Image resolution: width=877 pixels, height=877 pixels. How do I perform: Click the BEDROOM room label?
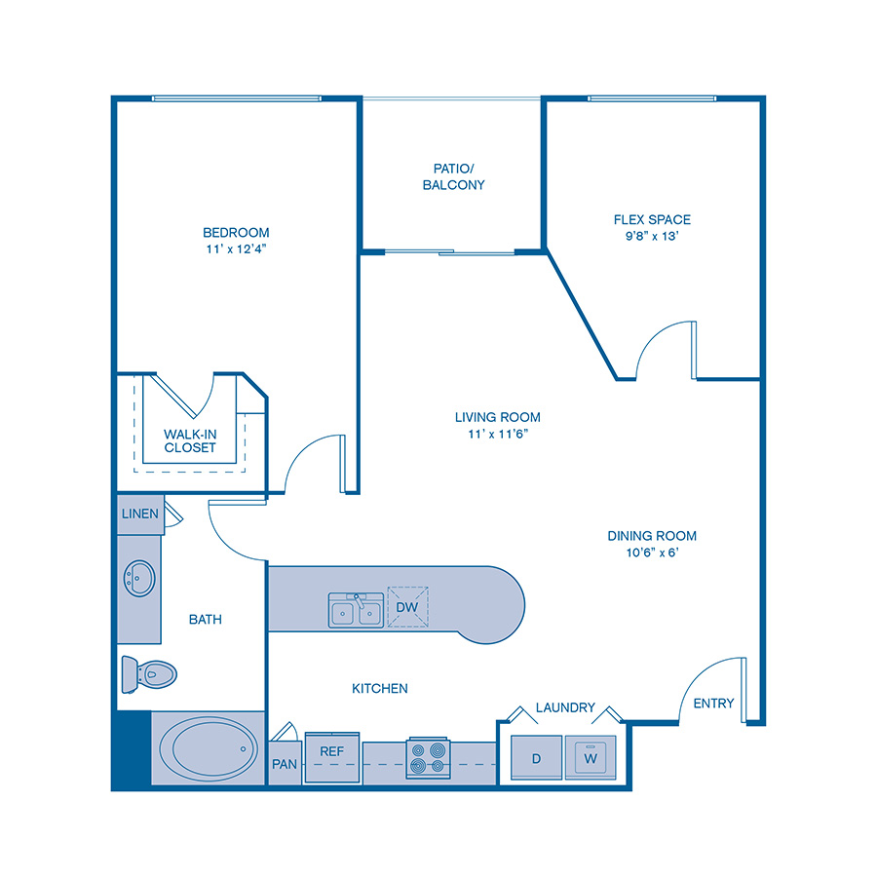[x=236, y=232]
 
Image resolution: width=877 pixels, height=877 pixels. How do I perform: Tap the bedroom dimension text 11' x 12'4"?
[x=236, y=249]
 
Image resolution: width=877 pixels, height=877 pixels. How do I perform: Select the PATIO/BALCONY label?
[x=453, y=175]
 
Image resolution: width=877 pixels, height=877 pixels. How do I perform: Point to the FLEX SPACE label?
[x=652, y=219]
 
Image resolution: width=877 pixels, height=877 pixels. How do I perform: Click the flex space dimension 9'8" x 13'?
[x=652, y=237]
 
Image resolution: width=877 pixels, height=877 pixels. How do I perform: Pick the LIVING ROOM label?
[x=497, y=417]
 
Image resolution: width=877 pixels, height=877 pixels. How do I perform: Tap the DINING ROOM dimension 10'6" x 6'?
[x=652, y=553]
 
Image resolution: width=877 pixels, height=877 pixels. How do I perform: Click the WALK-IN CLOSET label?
[x=190, y=440]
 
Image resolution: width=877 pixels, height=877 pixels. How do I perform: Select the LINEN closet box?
[x=140, y=514]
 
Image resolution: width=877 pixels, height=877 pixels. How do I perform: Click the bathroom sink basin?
[x=139, y=578]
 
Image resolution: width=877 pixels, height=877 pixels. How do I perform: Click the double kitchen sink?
[x=355, y=611]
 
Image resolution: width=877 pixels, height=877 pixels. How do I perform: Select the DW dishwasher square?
[x=408, y=607]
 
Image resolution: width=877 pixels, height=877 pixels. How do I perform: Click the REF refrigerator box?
[x=331, y=752]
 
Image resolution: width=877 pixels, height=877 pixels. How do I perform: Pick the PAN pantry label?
[x=285, y=764]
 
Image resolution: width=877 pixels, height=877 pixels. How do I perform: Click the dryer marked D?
[x=537, y=757]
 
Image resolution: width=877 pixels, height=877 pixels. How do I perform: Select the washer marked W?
[x=590, y=757]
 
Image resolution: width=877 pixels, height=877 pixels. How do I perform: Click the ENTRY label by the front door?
[x=713, y=704]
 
